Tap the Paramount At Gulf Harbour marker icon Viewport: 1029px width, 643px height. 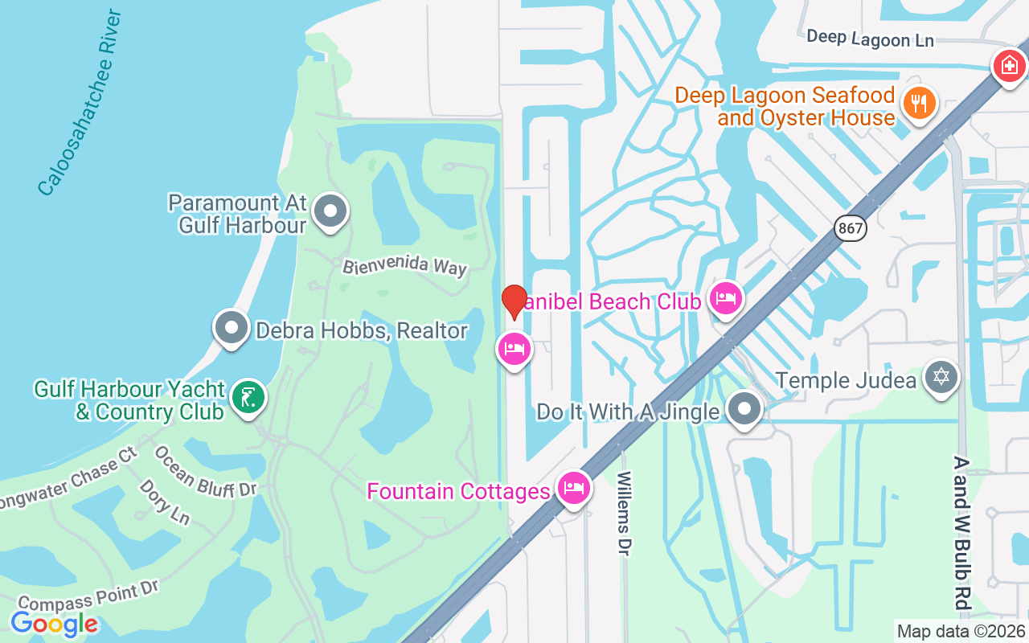pos(329,212)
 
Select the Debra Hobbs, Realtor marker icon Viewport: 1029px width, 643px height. pos(232,329)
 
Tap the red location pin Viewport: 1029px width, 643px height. pos(514,301)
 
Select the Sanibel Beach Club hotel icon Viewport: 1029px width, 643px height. pos(726,300)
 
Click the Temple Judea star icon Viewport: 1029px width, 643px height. pos(941,376)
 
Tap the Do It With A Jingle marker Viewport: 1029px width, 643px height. pos(744,409)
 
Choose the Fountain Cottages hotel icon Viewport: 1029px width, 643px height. pos(573,487)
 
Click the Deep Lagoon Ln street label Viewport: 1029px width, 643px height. pos(870,38)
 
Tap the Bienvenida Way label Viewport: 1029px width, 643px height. pos(404,266)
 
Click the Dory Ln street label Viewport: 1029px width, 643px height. pos(165,502)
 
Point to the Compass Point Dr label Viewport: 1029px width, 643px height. pos(88,596)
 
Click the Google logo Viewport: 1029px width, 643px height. pos(54,624)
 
